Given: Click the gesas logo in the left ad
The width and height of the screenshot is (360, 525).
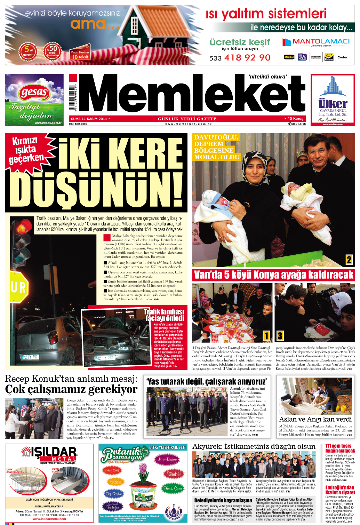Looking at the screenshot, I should [x=34, y=92].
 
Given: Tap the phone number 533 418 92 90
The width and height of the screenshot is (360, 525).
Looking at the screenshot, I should [x=240, y=58].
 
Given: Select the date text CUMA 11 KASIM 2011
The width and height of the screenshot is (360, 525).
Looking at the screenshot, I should [x=89, y=119].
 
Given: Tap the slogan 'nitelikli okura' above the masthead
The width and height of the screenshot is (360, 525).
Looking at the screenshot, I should [x=267, y=77].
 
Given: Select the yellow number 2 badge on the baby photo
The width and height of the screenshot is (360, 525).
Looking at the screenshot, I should [x=349, y=260].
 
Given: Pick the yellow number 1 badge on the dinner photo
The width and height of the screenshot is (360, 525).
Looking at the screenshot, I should [x=266, y=336].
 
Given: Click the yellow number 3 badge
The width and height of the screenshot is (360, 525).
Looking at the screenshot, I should [x=280, y=336].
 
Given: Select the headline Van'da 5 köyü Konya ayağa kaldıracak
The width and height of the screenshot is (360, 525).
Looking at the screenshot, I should [x=273, y=275].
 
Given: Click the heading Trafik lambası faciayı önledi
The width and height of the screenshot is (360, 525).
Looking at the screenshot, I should [x=165, y=315].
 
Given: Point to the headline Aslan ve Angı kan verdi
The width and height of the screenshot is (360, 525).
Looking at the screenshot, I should [x=315, y=419].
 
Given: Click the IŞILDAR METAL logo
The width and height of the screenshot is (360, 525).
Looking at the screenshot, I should [x=49, y=454].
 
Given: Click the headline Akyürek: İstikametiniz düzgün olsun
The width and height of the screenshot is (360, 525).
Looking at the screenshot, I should [x=254, y=446].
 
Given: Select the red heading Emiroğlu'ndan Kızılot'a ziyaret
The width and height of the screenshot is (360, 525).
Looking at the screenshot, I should [x=340, y=490].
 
